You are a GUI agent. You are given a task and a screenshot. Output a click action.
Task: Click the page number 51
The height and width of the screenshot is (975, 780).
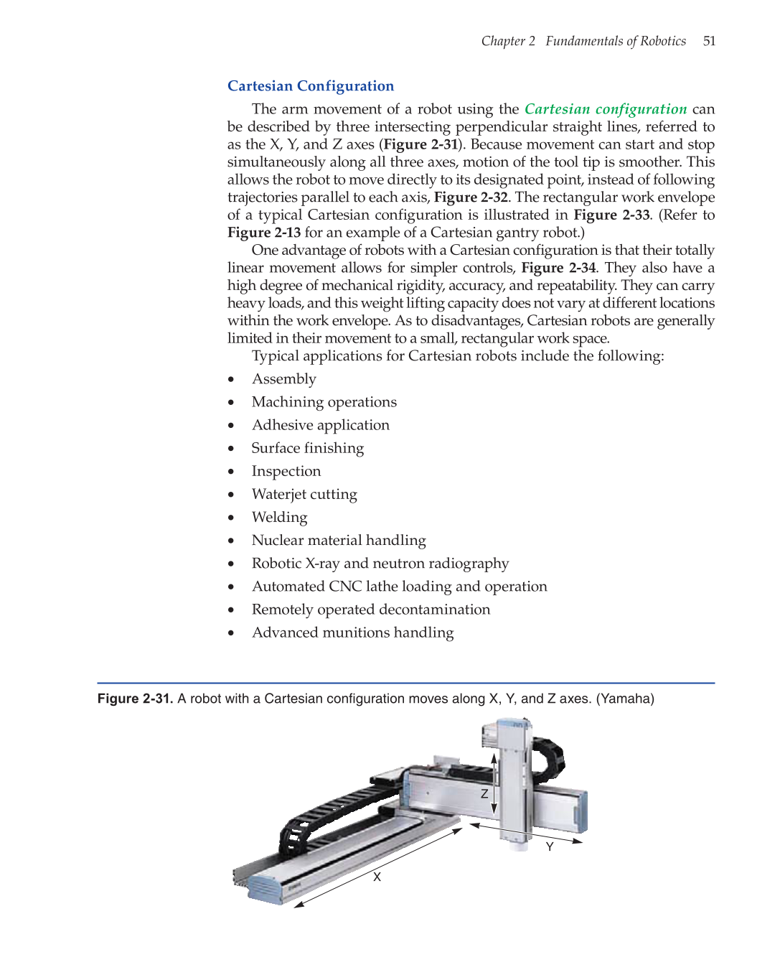(x=709, y=41)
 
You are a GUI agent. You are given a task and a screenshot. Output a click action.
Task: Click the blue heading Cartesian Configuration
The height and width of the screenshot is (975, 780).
(x=311, y=86)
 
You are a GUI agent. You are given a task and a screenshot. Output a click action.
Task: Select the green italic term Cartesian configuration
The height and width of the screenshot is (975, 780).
(x=606, y=109)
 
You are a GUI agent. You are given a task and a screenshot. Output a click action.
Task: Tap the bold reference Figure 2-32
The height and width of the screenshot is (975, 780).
(x=471, y=197)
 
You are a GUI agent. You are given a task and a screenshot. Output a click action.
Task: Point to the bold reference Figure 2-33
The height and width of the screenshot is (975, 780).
(x=611, y=215)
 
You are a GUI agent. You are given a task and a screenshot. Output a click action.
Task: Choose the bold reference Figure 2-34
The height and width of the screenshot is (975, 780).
(x=558, y=268)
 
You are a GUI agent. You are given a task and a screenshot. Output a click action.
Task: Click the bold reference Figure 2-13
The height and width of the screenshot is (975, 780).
(x=264, y=233)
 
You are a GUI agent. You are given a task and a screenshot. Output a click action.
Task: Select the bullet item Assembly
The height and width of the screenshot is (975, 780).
(x=283, y=379)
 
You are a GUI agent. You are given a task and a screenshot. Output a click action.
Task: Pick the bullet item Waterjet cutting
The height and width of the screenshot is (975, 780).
(x=304, y=494)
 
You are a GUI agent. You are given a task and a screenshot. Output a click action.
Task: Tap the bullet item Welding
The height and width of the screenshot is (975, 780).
(x=279, y=517)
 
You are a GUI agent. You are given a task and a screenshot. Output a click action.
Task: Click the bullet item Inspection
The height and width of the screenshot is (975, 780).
(x=286, y=471)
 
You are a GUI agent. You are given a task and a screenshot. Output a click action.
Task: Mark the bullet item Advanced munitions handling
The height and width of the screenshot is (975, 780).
(x=352, y=633)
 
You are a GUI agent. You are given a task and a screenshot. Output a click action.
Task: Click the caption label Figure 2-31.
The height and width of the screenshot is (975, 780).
(x=135, y=699)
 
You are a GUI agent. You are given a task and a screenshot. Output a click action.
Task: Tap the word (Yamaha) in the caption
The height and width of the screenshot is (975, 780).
(x=625, y=699)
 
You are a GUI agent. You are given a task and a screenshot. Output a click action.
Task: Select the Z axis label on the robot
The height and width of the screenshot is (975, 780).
(x=484, y=793)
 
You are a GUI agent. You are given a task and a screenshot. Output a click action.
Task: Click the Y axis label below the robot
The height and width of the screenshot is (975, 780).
(x=550, y=846)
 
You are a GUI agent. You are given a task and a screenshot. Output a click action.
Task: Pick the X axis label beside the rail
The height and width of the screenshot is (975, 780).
(x=377, y=877)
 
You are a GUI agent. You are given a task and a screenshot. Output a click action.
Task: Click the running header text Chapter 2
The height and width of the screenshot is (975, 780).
(x=508, y=41)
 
